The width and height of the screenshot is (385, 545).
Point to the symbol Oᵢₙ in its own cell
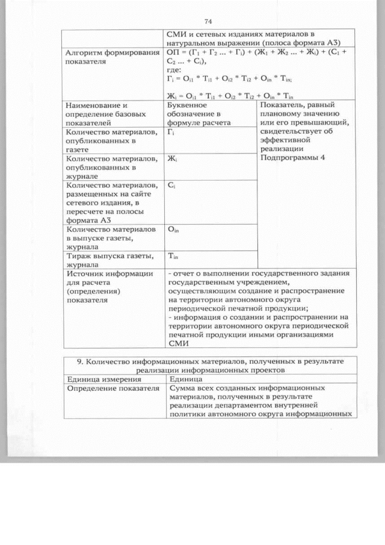[173, 229]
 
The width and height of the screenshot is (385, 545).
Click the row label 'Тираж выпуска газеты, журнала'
[108, 260]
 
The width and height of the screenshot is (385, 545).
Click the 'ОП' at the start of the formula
[173, 53]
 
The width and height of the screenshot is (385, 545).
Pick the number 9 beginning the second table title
[79, 361]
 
